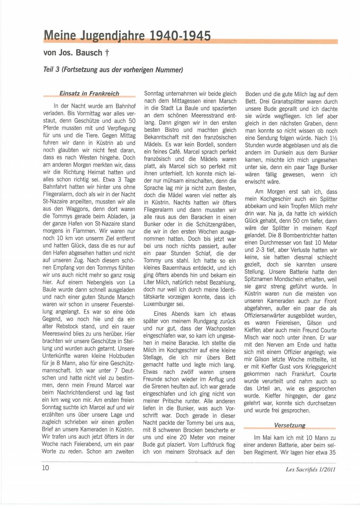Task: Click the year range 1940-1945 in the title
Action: [180, 36]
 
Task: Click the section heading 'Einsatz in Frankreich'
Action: [89, 94]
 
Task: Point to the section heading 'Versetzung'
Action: [289, 425]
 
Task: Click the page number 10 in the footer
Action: [46, 468]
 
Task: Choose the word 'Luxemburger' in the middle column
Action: [161, 304]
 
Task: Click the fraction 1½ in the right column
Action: [333, 138]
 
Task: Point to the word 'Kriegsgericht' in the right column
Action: [320, 367]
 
